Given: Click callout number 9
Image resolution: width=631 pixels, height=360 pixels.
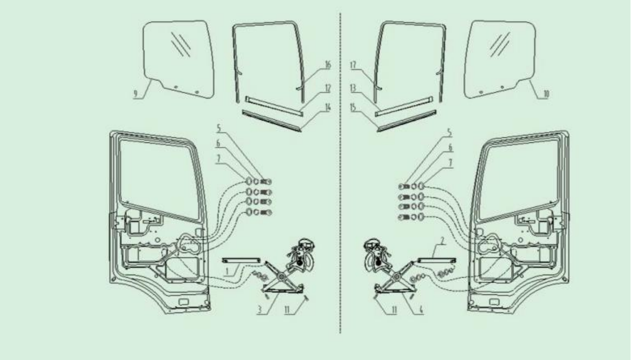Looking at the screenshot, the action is point(135,94).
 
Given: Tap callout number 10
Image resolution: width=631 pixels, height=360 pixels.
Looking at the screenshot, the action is point(546,94).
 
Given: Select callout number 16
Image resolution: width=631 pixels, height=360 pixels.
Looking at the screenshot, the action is point(328,65).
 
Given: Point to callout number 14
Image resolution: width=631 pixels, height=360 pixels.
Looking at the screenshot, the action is point(328,107).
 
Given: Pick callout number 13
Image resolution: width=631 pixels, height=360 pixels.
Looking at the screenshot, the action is point(353,88).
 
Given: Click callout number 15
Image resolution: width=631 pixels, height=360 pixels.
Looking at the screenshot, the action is point(353,107).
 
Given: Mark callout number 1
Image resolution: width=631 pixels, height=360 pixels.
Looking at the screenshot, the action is point(227,272).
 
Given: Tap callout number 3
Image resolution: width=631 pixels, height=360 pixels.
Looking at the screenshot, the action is point(260,310).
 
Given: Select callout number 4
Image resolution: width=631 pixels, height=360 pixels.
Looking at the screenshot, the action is point(421,310).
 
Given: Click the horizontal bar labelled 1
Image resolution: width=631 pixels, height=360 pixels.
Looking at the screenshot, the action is point(241,261).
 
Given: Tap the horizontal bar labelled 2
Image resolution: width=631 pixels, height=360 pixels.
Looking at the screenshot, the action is point(437,261).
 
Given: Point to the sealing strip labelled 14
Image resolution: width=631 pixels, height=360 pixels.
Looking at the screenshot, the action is point(272,121).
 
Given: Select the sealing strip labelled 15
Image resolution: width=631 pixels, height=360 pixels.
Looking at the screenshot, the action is point(407,121).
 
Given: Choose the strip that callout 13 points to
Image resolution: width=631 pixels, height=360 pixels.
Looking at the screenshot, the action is point(404,107).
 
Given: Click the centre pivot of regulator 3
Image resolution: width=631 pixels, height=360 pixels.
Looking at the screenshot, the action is point(281,277).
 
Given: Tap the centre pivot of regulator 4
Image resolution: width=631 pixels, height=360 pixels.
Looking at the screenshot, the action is point(397,277).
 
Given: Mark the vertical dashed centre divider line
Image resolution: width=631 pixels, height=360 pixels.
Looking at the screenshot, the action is point(341,173).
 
